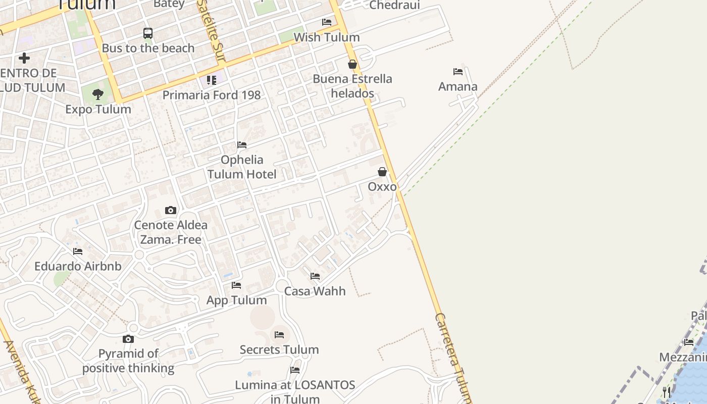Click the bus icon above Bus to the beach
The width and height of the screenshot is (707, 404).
coord(148,33)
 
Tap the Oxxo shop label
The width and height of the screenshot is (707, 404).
coord(382,187)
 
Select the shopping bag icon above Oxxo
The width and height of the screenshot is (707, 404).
coord(382,172)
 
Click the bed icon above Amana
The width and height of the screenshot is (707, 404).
coord(458,72)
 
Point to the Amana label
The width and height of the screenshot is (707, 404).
coord(458,87)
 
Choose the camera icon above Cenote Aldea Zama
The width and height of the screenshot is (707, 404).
coord(171,210)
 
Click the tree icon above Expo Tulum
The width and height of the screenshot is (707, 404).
coord(98,94)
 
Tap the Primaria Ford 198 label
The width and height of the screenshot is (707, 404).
coord(212,95)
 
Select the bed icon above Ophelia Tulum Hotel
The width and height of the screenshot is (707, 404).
coord(242,145)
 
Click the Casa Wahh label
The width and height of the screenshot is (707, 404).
coord(315,291)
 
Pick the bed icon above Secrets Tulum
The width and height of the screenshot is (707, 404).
coord(279,335)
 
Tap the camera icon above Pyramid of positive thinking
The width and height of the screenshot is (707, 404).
coord(128,339)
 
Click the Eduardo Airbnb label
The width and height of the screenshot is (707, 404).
coord(78,266)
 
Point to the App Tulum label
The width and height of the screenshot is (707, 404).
coord(236,300)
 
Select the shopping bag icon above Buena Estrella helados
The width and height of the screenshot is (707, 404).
coord(352,64)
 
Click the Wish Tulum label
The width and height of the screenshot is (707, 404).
coord(327,37)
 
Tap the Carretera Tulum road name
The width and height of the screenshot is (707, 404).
coord(453,356)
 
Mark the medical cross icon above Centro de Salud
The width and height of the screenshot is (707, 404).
coord(24,58)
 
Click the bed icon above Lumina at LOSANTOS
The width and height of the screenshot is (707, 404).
coord(295,370)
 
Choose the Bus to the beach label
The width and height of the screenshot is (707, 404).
coord(148,48)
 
